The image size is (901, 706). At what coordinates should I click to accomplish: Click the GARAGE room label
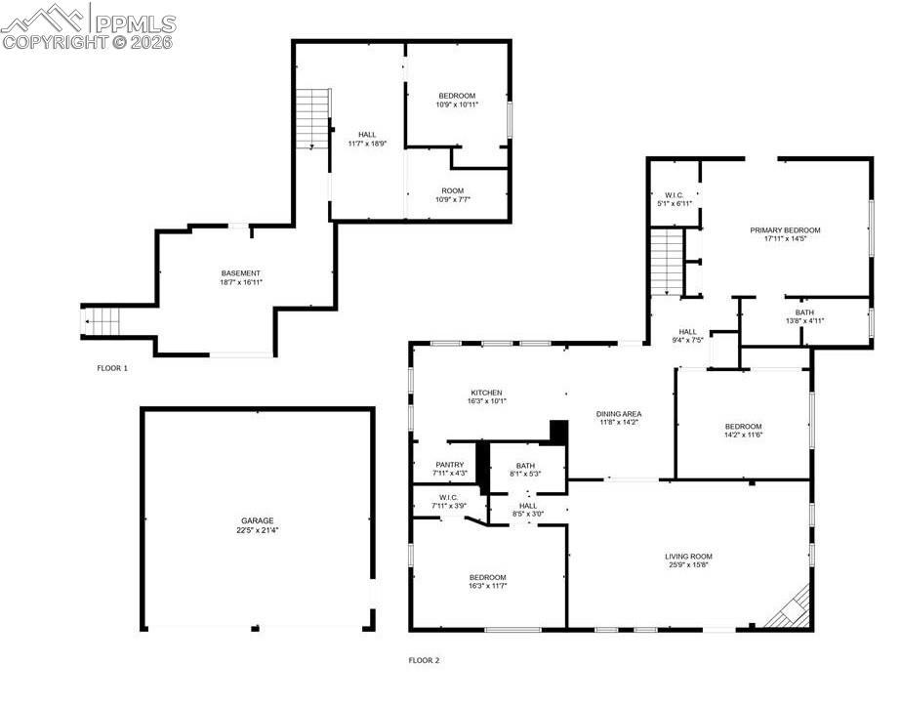pos(258,520)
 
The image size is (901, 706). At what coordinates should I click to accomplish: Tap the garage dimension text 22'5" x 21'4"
pos(258,531)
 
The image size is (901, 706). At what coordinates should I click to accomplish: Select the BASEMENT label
pos(240,272)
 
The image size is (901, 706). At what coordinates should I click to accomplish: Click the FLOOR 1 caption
pos(112,368)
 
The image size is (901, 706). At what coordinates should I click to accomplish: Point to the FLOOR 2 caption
pos(424,660)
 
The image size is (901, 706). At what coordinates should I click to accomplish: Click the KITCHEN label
pos(485,393)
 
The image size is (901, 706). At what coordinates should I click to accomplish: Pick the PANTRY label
pos(450,465)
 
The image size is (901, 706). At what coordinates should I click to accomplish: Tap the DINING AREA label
pos(619,414)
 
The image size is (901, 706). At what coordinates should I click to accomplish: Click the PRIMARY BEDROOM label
pos(785,230)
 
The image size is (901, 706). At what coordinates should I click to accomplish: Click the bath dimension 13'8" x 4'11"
pos(804,321)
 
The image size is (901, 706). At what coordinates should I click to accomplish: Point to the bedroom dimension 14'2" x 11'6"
pos(743,436)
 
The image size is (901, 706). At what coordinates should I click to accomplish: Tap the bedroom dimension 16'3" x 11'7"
pos(486,588)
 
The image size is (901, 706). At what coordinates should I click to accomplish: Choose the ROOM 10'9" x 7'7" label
pos(452,195)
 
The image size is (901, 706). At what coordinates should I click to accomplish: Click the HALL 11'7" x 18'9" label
pos(367,139)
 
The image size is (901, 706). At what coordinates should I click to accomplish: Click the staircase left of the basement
pos(101,321)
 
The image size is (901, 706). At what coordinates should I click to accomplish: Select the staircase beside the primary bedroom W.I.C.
pos(666,261)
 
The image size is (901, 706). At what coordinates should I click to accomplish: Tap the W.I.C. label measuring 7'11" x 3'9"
pos(449,501)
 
